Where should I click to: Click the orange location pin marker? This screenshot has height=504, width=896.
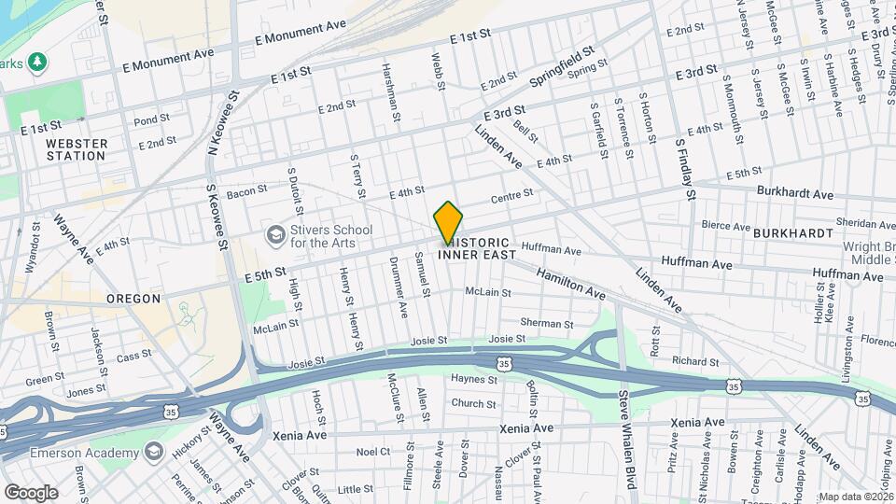click(x=448, y=223)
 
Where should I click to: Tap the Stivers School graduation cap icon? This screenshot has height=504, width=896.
click(x=275, y=234)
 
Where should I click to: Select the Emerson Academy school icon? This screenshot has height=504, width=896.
click(x=153, y=454)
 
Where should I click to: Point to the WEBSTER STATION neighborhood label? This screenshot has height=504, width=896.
click(x=77, y=149)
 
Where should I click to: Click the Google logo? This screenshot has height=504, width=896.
click(x=31, y=492)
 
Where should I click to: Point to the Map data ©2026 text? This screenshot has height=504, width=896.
click(x=856, y=497)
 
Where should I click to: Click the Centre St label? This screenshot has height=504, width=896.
click(x=511, y=196)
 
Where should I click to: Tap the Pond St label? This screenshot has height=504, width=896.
click(x=151, y=119)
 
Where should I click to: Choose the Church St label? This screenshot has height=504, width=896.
click(x=473, y=404)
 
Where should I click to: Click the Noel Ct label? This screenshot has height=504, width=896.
click(x=372, y=452)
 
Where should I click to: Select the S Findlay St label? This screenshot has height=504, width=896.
click(x=686, y=170)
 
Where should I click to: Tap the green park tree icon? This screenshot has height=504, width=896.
click(x=37, y=62)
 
